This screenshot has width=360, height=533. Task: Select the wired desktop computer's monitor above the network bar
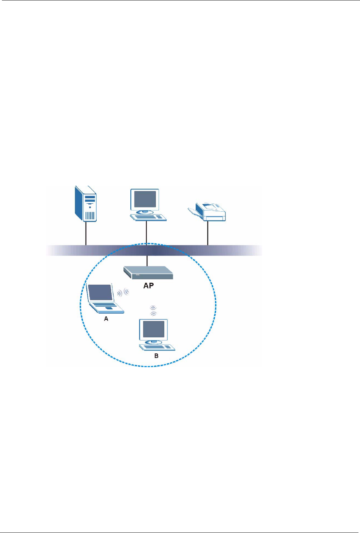tap(144, 199)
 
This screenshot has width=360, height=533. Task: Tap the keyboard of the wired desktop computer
tap(148, 217)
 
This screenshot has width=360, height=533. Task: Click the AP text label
tap(148, 285)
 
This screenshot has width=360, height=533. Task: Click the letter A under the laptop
tap(106, 319)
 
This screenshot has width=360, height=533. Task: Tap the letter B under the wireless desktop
tap(156, 356)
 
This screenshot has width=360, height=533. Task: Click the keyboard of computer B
tap(157, 347)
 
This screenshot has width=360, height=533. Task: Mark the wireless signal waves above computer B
tap(153, 310)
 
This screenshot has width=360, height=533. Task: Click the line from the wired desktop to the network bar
tap(146, 233)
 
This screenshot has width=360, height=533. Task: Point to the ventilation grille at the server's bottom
tap(89, 215)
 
